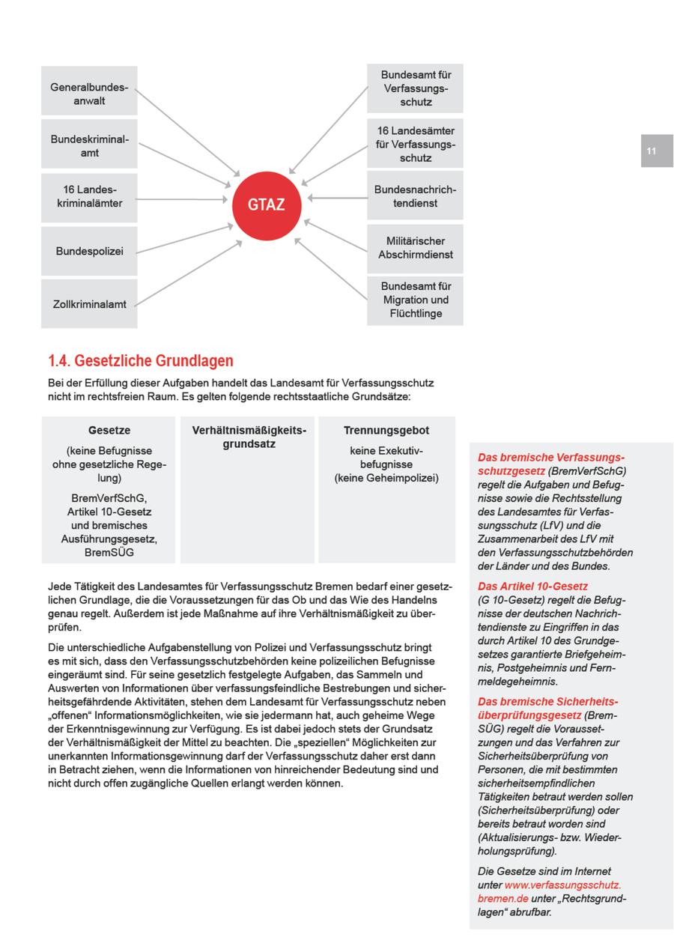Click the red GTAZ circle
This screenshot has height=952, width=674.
coord(266,204)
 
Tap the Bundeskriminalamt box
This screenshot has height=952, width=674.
coord(89,146)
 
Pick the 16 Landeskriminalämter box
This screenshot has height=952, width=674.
coord(89,196)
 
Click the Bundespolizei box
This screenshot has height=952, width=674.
coord(89,251)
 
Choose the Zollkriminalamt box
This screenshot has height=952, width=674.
coord(89,304)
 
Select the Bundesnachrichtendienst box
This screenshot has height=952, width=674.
coord(415,196)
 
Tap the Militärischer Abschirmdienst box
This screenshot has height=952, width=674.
coord(415,248)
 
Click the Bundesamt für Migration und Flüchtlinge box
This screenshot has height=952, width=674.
coord(415,300)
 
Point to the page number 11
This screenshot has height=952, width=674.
coord(652,151)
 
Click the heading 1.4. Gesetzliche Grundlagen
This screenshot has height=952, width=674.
coord(141,361)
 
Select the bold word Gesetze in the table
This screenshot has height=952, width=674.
coord(109,431)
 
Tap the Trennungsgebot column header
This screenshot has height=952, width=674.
coord(386,431)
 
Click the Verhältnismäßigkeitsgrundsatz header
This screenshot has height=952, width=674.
coord(249,437)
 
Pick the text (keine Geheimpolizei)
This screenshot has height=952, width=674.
coord(386,478)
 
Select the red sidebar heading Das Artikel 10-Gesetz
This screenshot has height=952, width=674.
coord(532,586)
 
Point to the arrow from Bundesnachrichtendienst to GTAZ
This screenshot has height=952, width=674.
coord(337,198)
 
